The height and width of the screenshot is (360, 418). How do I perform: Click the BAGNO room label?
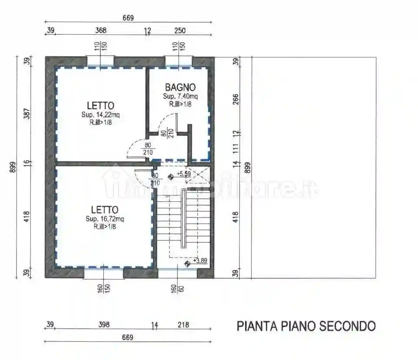(x=180, y=87)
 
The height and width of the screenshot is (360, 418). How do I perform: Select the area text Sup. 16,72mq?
(x=105, y=219)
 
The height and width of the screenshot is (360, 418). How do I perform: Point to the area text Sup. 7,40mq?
(x=180, y=96)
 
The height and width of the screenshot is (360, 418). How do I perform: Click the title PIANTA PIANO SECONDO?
(x=306, y=326)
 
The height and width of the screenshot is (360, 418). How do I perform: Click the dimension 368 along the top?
(x=101, y=30)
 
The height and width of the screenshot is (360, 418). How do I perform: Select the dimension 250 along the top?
(x=179, y=30)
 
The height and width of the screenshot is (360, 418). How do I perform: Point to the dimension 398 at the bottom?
(x=104, y=324)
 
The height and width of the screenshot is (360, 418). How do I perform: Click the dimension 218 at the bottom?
(x=183, y=324)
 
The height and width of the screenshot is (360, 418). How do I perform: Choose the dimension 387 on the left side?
(x=27, y=115)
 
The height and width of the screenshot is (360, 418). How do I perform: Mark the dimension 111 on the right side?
(x=236, y=148)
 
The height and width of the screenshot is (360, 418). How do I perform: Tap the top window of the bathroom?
(x=178, y=62)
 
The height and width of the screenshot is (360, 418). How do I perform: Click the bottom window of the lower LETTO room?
(x=103, y=273)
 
